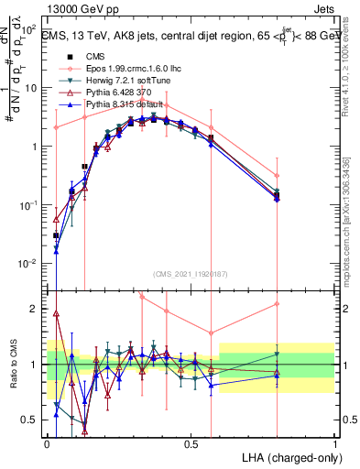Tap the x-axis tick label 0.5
(191, 444)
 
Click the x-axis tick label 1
(334, 444)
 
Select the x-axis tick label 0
(47, 444)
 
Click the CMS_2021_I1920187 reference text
(190, 274)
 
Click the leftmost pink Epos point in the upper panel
(57, 127)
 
